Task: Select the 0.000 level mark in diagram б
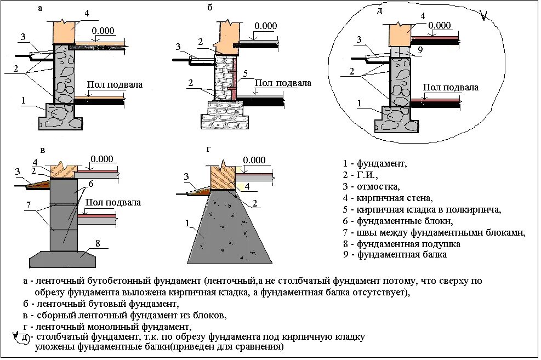266,26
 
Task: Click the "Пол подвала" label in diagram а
115,85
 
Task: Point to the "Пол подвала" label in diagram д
451,87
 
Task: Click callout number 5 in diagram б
246,73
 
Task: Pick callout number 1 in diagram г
187,223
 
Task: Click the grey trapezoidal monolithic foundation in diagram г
230,230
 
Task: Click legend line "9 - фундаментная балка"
395,255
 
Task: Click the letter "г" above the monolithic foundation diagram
207,149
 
